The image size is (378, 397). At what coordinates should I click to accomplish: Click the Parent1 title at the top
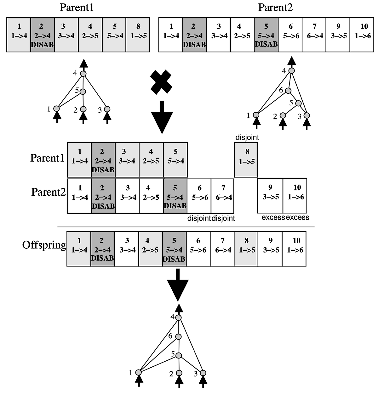77,7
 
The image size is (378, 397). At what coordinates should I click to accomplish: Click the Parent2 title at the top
275,7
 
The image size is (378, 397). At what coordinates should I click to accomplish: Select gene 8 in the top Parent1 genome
138,34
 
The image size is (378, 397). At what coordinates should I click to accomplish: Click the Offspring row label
44,245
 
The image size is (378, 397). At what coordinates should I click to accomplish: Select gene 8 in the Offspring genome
246,249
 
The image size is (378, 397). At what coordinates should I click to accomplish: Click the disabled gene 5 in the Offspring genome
175,249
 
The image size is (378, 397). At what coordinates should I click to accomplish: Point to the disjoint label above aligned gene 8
247,138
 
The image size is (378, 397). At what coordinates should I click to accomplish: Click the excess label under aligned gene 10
297,217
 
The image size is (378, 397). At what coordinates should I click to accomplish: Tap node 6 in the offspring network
179,336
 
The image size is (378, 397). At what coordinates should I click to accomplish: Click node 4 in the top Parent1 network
83,74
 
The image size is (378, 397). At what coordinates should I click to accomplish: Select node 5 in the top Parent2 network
298,103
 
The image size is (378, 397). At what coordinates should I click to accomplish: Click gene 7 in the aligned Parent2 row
223,196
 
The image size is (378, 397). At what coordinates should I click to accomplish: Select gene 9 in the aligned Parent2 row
270,196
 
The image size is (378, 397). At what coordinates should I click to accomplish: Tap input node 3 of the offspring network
203,373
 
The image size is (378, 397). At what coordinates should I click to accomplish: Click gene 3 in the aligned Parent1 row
127,160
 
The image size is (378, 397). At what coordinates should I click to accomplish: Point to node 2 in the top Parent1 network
83,109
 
